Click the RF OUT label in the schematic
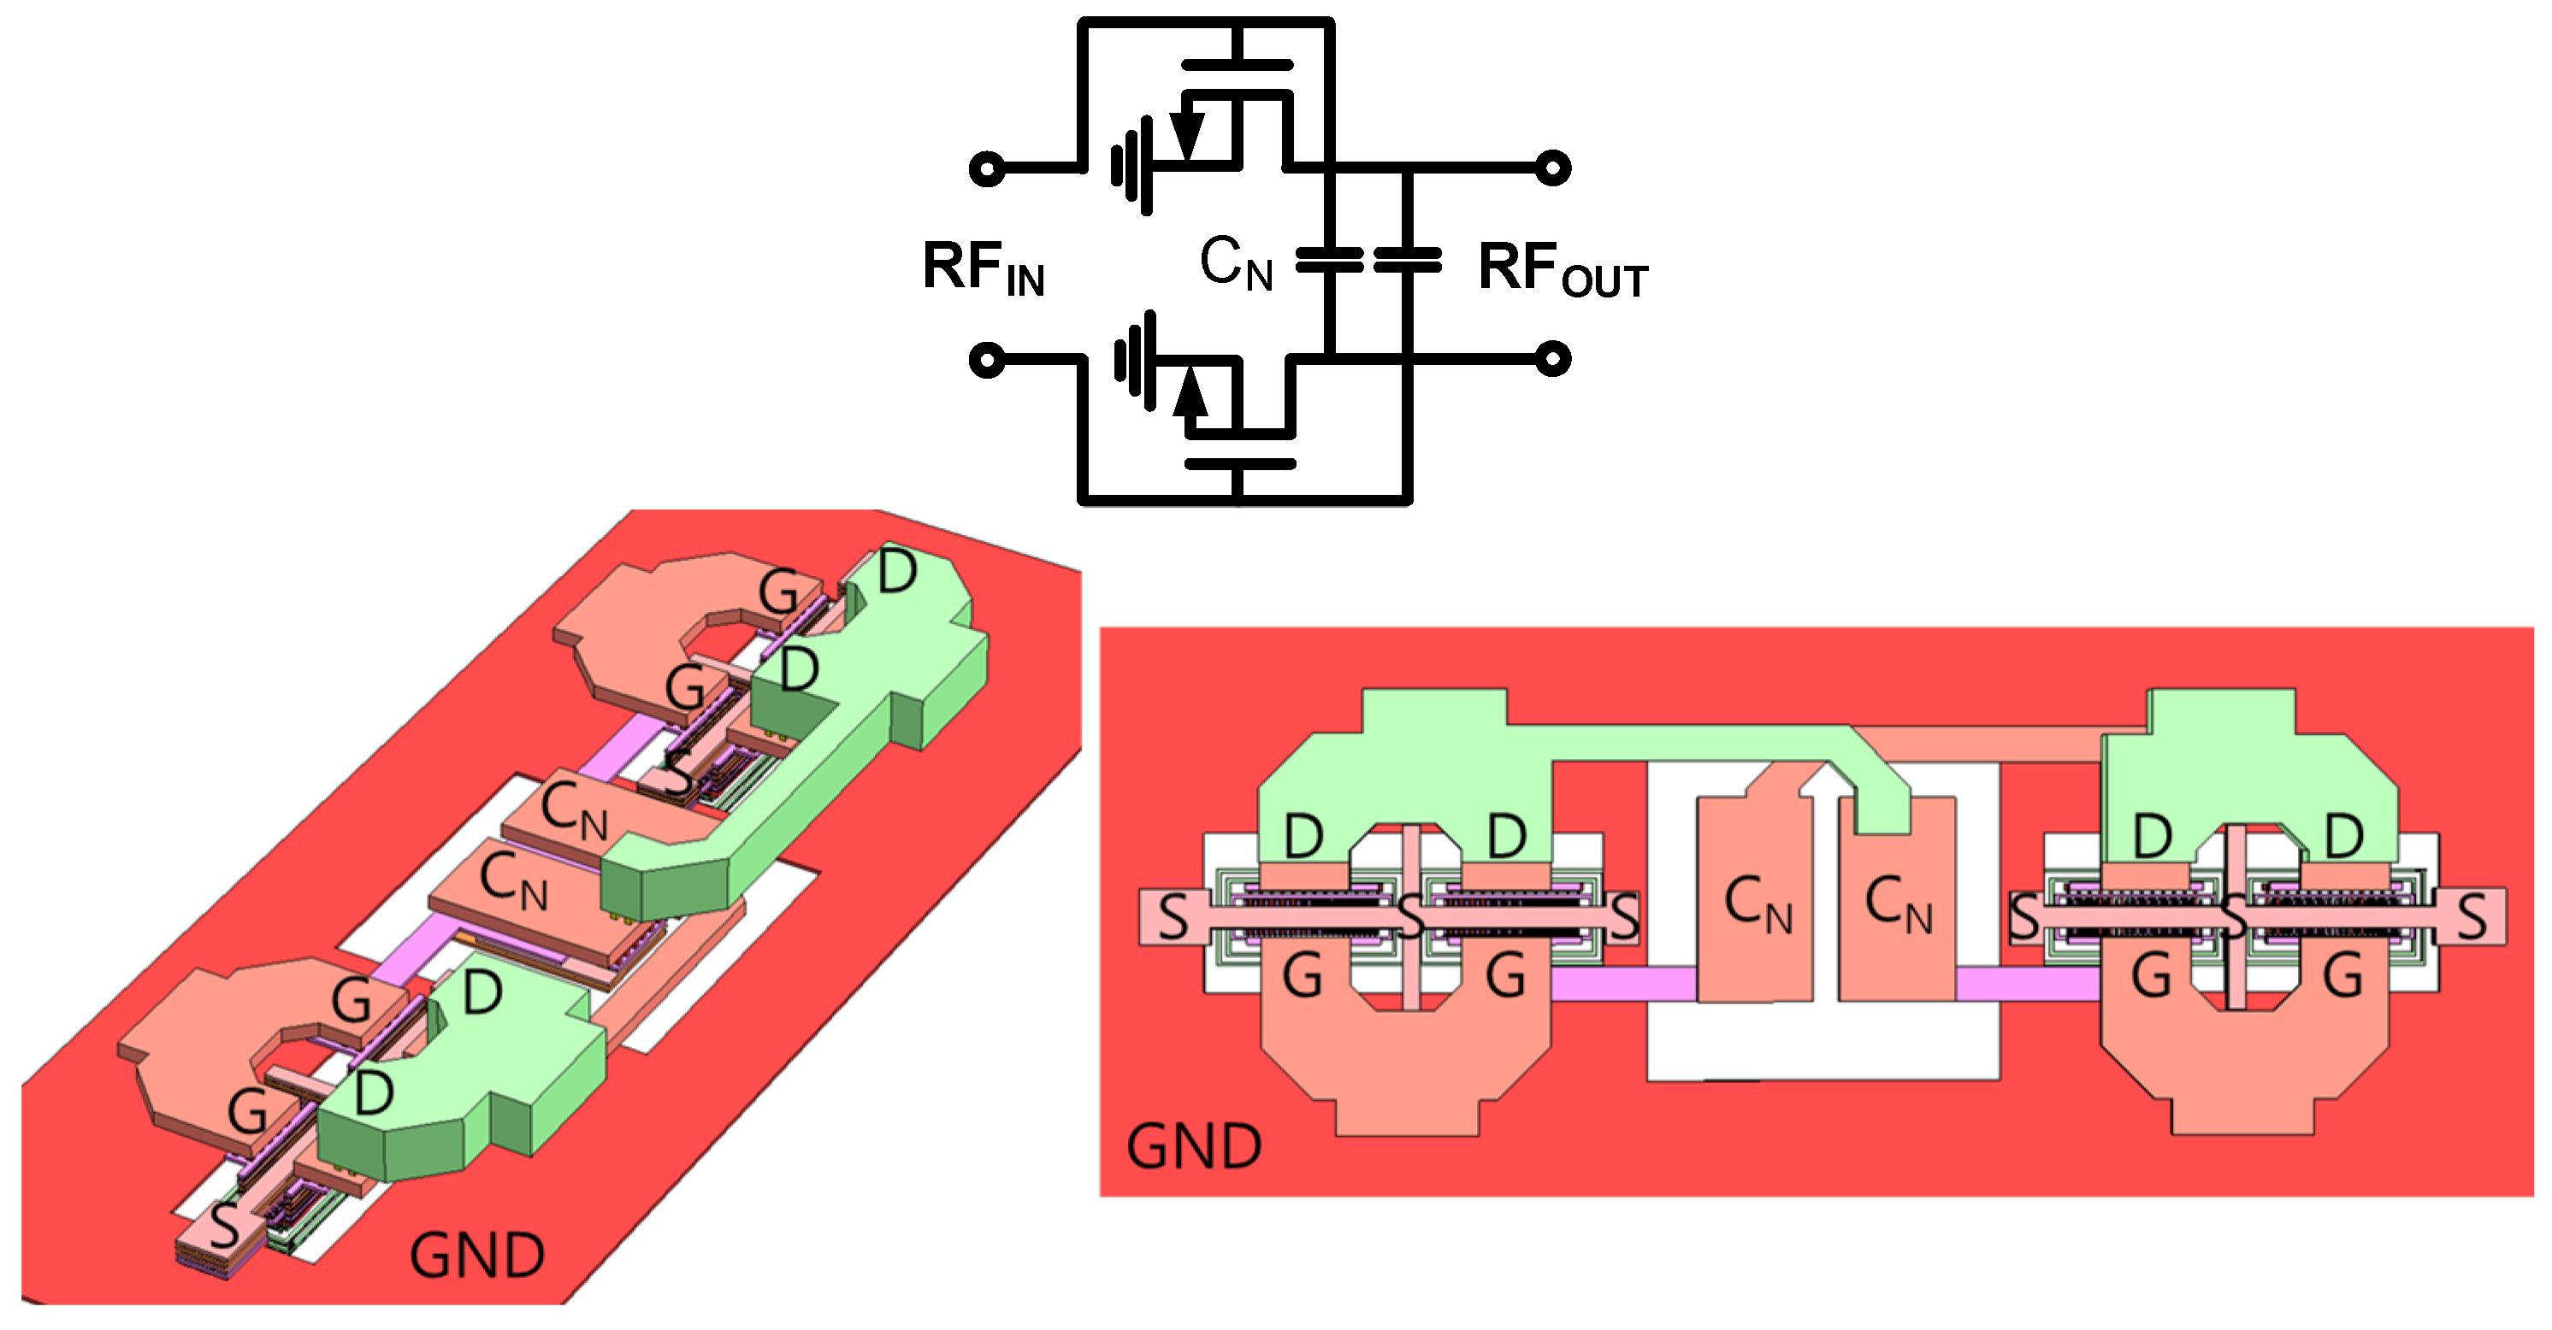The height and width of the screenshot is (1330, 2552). [x=1562, y=269]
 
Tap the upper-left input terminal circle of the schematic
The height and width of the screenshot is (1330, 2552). [x=987, y=168]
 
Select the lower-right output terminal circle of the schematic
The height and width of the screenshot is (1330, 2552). [x=1552, y=357]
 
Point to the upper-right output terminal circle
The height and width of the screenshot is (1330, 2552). [x=1552, y=168]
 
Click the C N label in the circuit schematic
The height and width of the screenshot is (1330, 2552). [x=1236, y=263]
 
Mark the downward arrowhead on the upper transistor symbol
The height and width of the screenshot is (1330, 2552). [x=1186, y=136]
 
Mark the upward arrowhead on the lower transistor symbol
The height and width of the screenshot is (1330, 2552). [x=1190, y=392]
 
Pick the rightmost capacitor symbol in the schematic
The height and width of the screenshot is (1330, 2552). [x=1408, y=261]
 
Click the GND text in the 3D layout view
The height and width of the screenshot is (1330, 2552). [x=476, y=1256]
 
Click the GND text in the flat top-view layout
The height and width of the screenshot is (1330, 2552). [x=1194, y=1147]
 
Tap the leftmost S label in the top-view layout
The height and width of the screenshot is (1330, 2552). [x=1173, y=916]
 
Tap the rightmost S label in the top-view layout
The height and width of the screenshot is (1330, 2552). [x=2471, y=916]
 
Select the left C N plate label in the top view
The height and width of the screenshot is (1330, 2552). [x=1757, y=903]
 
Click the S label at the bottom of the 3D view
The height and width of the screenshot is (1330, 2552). [x=224, y=1226]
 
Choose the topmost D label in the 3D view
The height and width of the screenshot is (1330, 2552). [x=896, y=572]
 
